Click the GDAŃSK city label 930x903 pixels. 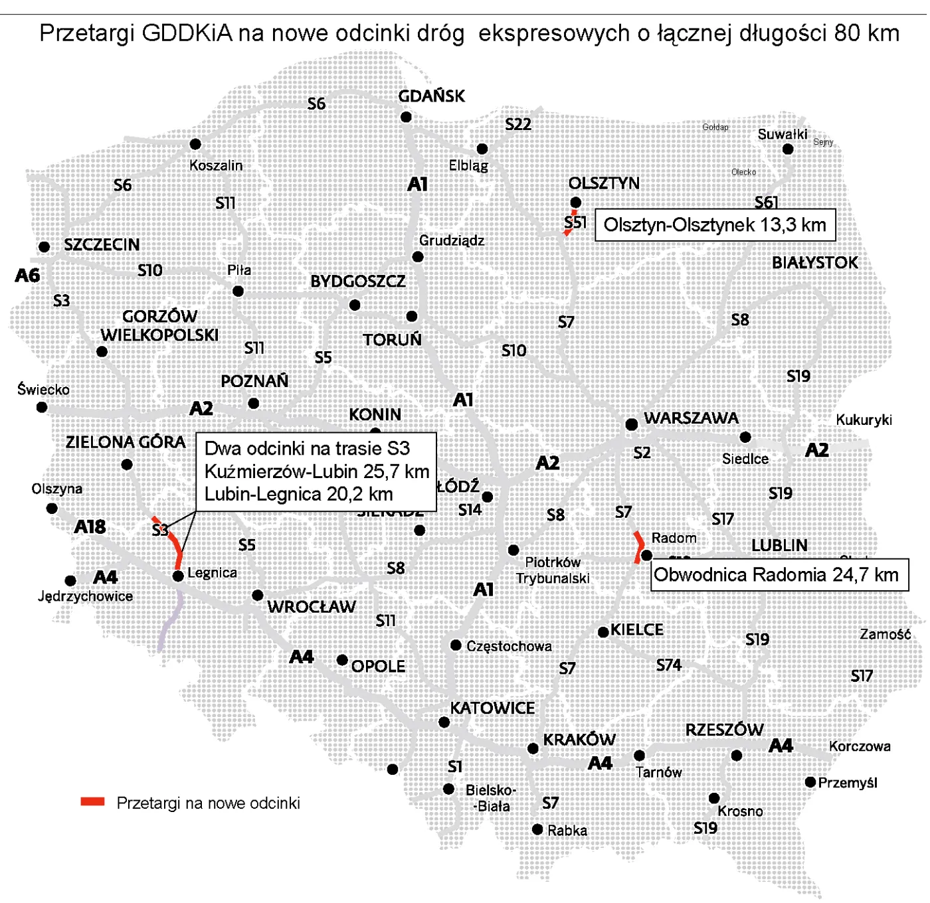point(431,96)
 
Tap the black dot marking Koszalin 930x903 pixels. point(195,144)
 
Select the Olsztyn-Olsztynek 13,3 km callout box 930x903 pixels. point(714,225)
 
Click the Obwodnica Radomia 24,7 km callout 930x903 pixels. point(779,575)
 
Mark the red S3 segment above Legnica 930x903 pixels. point(174,543)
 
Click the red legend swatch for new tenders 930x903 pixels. point(92,801)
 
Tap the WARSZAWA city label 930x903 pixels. point(691,418)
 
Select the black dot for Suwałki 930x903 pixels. point(788,149)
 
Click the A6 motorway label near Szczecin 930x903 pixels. point(28,276)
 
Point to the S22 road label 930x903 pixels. point(518,125)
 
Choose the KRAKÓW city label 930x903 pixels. point(579,740)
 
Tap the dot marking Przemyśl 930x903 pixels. point(810,782)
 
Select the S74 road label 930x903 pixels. point(669,665)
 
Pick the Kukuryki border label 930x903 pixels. point(864,420)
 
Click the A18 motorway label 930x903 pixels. point(90,527)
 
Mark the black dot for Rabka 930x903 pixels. point(537,829)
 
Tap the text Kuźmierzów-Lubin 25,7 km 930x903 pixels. point(316,471)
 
